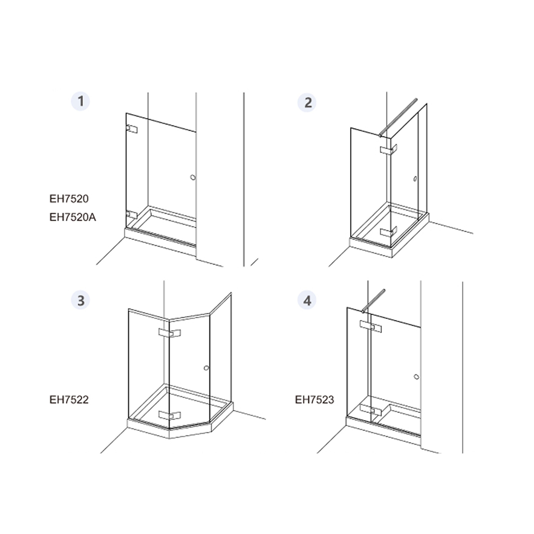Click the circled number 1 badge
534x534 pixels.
(x=81, y=101)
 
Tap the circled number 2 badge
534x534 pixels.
(x=307, y=103)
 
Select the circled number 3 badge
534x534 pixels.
(x=81, y=300)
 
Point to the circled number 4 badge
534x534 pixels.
(x=307, y=300)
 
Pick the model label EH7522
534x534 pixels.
(x=69, y=400)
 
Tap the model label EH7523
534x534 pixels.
(x=315, y=400)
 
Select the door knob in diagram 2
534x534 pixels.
(x=415, y=179)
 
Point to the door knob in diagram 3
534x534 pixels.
(x=206, y=368)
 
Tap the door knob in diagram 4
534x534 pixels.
(x=417, y=377)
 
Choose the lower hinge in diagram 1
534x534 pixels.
(x=132, y=214)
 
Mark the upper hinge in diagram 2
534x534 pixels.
(x=389, y=150)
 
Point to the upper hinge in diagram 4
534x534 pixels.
(x=371, y=326)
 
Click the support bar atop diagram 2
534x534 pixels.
(x=398, y=118)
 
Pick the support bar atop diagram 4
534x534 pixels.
(x=373, y=301)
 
